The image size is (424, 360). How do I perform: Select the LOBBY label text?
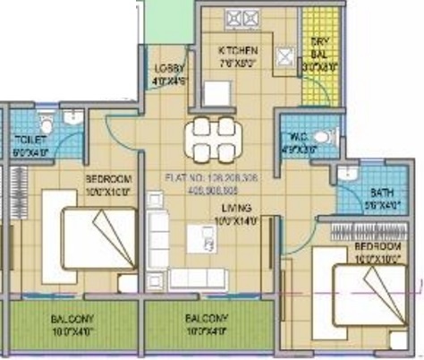168,69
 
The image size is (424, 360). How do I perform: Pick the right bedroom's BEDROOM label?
377,247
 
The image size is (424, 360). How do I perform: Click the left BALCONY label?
72,319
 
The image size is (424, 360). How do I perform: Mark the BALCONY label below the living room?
207,319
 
